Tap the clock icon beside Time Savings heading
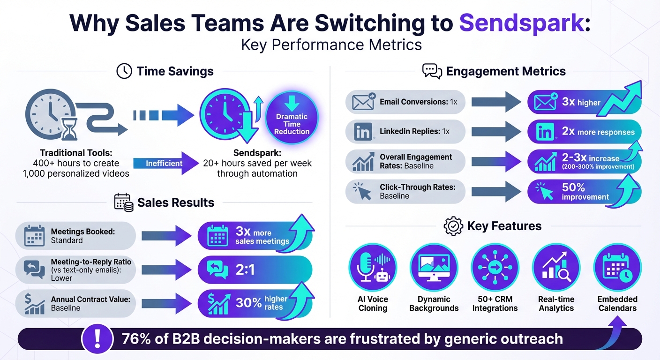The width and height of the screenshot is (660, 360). tap(124, 71)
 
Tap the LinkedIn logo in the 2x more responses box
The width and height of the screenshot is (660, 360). tap(545, 132)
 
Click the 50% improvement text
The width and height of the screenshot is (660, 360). tap(585, 192)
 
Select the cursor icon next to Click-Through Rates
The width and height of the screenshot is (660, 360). tap(362, 191)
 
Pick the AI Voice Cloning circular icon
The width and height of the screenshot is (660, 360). tap(373, 267)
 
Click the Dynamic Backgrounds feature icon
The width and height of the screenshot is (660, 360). tap(434, 267)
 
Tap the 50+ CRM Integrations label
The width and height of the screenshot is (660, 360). tap(495, 303)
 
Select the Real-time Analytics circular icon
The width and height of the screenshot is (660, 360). tap(556, 267)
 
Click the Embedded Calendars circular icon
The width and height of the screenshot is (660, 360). tap(617, 267)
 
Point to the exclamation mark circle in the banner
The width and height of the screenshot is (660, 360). tap(97, 338)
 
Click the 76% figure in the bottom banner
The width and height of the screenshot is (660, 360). tap(136, 338)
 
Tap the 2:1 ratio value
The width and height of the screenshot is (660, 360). tap(245, 270)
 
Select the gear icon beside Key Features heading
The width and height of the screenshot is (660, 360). tap(453, 226)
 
